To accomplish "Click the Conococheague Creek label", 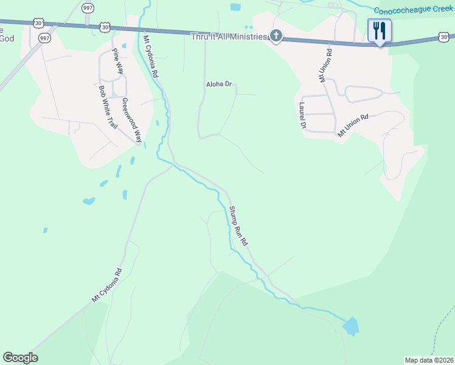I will click(x=414, y=10).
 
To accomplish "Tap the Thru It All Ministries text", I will click(x=229, y=37).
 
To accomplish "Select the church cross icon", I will click(x=276, y=36).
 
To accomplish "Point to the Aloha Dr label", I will click(x=220, y=85).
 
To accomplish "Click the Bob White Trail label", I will click(x=107, y=106).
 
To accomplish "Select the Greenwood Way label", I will click(x=131, y=119).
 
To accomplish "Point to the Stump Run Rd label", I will click(x=238, y=226).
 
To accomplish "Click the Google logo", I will click(x=20, y=358).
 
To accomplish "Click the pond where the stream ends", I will click(x=350, y=327).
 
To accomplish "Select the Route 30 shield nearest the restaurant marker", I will click(x=445, y=38).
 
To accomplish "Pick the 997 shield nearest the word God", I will click(x=44, y=38).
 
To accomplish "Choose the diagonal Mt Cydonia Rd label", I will click(x=107, y=285).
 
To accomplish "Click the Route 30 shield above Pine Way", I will click(x=106, y=27).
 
